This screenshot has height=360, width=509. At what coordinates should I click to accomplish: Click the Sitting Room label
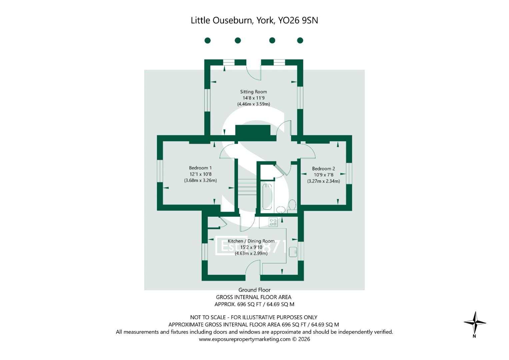(x=253, y=92)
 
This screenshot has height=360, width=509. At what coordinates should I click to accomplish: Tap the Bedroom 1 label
(x=200, y=168)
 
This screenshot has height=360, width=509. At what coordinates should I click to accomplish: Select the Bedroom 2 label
(x=323, y=169)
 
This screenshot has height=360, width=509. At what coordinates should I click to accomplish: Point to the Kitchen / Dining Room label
(x=251, y=241)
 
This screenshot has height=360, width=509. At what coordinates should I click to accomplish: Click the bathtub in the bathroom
(x=267, y=197)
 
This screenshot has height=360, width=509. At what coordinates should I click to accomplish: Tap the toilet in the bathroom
(x=292, y=205)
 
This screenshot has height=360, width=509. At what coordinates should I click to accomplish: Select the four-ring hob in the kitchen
(x=273, y=222)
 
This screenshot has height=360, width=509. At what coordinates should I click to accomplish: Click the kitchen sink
(x=293, y=252)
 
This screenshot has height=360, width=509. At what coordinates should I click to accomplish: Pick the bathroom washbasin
(x=281, y=210)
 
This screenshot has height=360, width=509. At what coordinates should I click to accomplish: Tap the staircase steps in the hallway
(x=247, y=187)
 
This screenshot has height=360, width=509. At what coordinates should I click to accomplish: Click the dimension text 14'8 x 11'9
(x=254, y=98)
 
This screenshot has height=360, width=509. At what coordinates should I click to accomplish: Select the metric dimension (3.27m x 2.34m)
(x=324, y=181)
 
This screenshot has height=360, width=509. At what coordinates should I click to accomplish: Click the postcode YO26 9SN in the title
(x=298, y=20)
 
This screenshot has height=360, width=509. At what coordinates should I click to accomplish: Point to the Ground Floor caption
(x=254, y=290)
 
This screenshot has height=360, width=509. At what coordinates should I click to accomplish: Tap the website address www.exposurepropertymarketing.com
(x=245, y=339)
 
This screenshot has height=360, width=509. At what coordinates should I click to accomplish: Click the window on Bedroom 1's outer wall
(x=160, y=171)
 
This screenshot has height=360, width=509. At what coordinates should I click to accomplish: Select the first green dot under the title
(x=207, y=40)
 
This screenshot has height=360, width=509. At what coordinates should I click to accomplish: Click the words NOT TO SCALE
(x=208, y=317)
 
